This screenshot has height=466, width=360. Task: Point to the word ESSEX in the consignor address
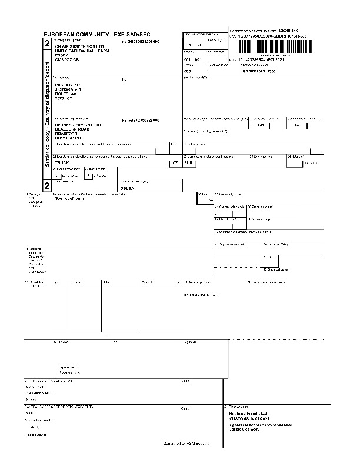click(62, 55)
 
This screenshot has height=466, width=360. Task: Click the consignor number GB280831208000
click(143, 42)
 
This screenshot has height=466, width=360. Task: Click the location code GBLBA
click(128, 188)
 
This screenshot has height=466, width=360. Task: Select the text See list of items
click(70, 198)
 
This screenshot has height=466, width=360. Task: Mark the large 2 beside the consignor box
click(47, 44)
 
